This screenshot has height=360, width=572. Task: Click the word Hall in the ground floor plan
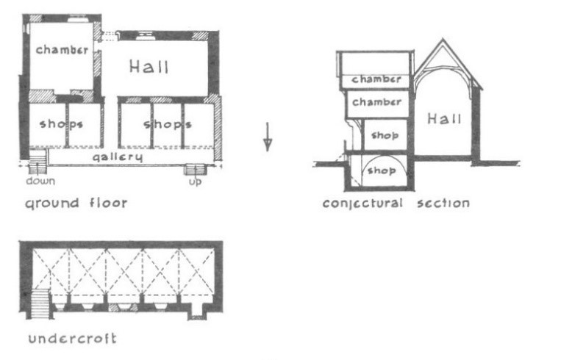[149, 67]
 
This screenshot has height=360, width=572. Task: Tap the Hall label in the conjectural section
[444, 119]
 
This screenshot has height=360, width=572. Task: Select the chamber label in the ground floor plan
[62, 49]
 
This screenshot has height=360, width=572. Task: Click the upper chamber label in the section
[376, 79]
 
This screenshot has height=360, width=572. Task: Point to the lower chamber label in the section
[376, 102]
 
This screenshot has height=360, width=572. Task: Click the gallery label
[117, 157]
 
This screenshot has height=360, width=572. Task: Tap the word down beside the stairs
[40, 181]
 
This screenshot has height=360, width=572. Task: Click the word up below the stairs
[195, 181]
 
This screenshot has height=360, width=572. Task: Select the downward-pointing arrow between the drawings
[268, 137]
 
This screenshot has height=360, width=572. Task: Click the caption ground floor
[76, 203]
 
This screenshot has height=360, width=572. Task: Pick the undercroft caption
[73, 339]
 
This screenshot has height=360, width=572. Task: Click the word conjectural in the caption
[362, 204]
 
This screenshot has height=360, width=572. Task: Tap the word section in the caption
[443, 203]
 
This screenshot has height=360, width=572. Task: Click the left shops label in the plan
[61, 124]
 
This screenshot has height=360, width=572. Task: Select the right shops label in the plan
[168, 125]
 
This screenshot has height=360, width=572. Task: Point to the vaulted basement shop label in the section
[382, 170]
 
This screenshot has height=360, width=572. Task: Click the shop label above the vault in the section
[385, 135]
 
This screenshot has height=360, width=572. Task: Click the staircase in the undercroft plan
[40, 304]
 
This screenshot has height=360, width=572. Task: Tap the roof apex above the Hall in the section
[443, 39]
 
